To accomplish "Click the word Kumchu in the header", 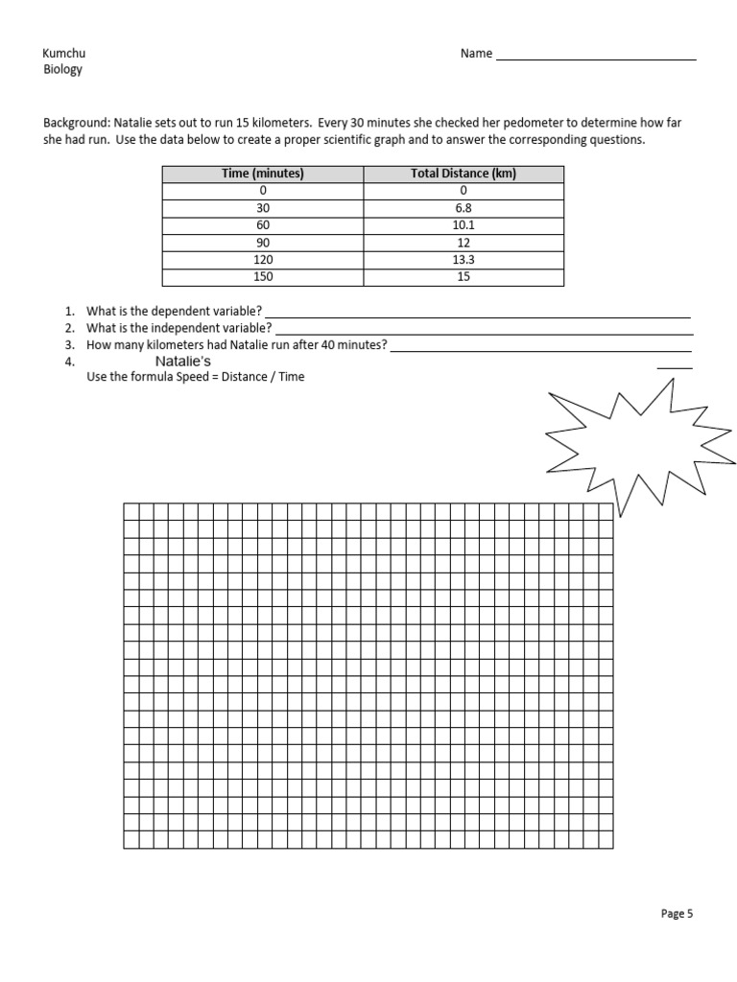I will point(64,54).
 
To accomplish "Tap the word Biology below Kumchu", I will point(63,70).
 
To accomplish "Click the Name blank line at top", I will point(595,58).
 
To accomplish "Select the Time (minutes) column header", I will point(263,174).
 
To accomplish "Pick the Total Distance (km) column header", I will point(464,174).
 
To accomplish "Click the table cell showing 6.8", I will point(464,208).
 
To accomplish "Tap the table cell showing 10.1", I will point(464,225).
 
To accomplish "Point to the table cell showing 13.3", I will point(464,260).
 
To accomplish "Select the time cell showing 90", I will point(263,243).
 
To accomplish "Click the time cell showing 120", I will point(263,260).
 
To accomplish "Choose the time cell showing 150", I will point(263,277).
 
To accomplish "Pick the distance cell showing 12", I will point(464,243).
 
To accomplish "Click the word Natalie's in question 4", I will point(183,361).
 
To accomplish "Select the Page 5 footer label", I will point(677,914).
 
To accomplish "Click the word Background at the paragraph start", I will point(77,124).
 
